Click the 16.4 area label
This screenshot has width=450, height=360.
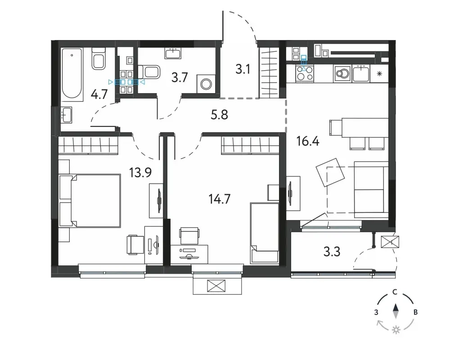click(x=308, y=142)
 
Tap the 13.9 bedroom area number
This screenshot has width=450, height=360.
click(x=140, y=173)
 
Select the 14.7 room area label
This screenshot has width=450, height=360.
click(x=220, y=198)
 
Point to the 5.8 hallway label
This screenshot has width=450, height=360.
click(x=219, y=115)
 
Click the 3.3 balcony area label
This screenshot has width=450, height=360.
click(x=332, y=252)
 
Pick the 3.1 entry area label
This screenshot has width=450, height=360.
click(x=243, y=69)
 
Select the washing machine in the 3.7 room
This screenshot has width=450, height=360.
click(x=206, y=84)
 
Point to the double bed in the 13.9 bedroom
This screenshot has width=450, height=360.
click(x=90, y=200)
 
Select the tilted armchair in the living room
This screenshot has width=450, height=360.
click(x=330, y=172)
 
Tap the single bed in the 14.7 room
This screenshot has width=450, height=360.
click(x=265, y=234)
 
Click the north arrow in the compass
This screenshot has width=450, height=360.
click(x=396, y=311)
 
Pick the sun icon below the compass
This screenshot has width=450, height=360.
click(x=396, y=330)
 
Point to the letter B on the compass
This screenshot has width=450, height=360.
click(x=415, y=312)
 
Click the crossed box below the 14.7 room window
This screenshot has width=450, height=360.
click(x=216, y=286)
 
